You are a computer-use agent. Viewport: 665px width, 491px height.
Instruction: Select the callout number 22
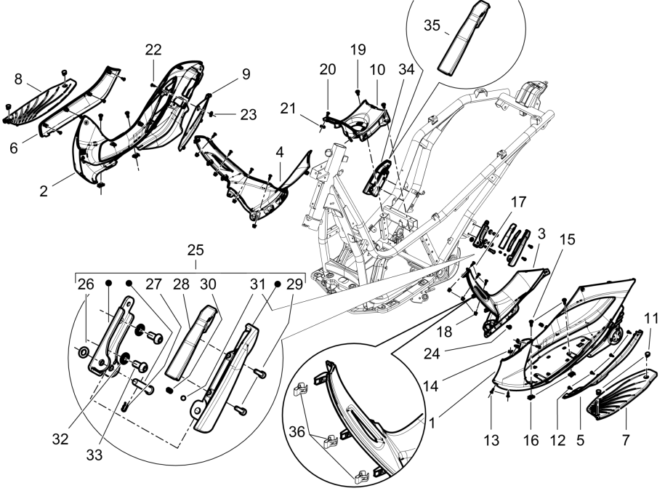click(x=153, y=49)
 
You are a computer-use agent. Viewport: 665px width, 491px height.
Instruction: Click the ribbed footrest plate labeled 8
click(x=40, y=95)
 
